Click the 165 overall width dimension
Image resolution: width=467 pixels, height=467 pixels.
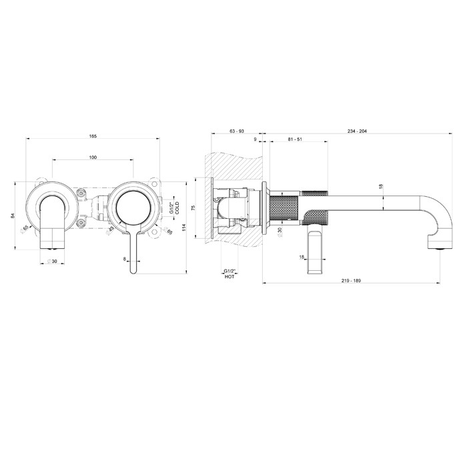coord(93,136)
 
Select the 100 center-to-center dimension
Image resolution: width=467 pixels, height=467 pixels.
coord(93,157)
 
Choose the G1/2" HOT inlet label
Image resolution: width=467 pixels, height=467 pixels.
coord(229,272)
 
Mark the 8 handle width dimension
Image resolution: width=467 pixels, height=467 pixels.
coord(125,258)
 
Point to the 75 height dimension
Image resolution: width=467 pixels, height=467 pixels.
coord(193,208)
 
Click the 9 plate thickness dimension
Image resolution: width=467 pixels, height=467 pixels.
coord(255,139)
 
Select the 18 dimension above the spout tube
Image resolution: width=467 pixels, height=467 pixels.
coord(380,187)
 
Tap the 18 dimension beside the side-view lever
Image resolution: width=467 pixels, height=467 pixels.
coord(302,257)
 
